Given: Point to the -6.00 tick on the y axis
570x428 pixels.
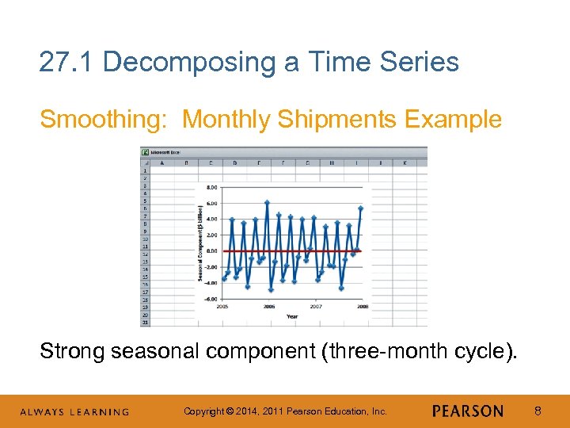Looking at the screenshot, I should point(211,299).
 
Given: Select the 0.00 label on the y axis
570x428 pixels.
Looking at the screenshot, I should point(211,251).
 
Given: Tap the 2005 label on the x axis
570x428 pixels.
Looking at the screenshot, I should point(223,306).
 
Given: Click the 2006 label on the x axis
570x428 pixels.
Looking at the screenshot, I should point(269,306).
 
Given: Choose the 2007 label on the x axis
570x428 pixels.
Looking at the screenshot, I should point(315,306).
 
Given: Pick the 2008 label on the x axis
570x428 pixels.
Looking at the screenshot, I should point(362,306).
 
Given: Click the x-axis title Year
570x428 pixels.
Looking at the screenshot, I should point(292,315).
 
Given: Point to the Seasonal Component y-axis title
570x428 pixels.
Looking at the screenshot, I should point(199,243).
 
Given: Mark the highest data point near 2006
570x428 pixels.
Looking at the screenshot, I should point(268,203).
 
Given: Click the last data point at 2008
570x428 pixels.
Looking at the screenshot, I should point(361,208).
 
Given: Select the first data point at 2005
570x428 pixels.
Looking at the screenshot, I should point(223,279).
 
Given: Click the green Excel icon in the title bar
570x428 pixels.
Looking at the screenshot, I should point(145,151).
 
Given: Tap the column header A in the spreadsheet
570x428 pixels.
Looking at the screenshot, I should point(161,163).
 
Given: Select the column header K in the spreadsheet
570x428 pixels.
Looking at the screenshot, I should point(405,163).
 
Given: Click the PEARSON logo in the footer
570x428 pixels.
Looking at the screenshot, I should point(468,411).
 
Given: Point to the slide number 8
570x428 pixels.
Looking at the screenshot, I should point(537,411).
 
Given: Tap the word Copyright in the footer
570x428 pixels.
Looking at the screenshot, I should point(203,411).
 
